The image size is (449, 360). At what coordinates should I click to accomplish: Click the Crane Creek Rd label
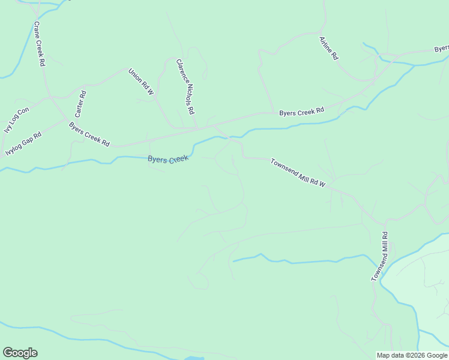coord(39,44)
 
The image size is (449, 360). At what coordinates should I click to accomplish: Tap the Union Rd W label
coord(141,82)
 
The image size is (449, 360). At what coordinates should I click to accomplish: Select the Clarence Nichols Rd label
coord(186,86)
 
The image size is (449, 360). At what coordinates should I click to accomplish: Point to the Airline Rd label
coord(329,48)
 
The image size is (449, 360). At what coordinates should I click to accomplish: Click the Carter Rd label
coord(80,103)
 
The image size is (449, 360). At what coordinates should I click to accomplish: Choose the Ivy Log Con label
coord(16,120)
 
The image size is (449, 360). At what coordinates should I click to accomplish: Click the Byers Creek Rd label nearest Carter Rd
coord(89,135)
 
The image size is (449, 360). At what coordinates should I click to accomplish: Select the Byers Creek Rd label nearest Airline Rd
coord(301,111)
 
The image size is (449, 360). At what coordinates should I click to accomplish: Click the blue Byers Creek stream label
coord(168,159)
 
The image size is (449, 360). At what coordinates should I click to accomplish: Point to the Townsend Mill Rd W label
coord(297,173)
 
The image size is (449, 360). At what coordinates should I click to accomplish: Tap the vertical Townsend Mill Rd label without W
coord(379,257)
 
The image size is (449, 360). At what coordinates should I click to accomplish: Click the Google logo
coord(20,353)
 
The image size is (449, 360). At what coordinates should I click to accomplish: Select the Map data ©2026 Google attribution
coord(412,355)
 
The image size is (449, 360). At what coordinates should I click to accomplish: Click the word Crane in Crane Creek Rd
coord(37,29)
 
